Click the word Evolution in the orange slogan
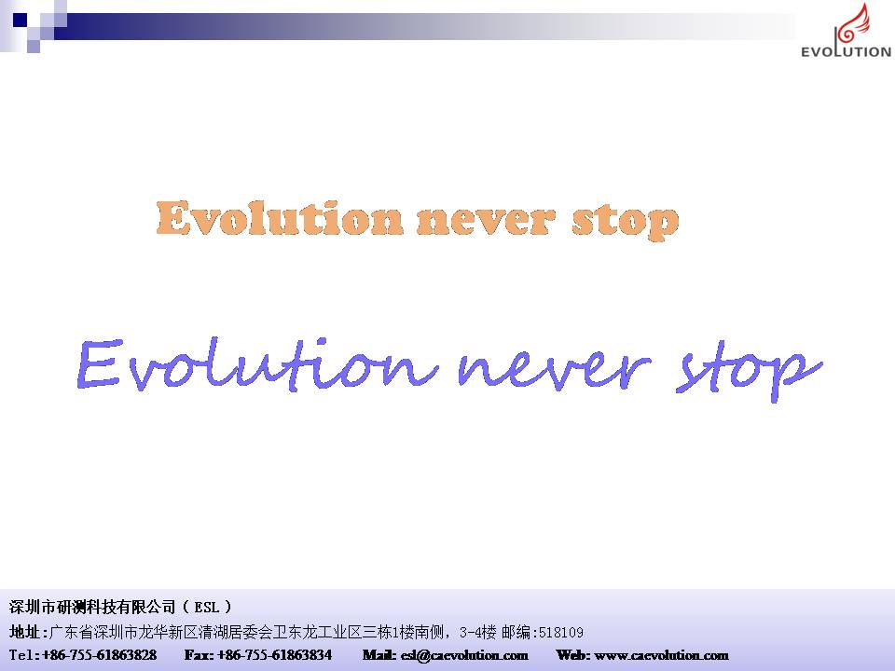[280, 218]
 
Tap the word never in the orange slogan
[485, 221]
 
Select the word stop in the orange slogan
[626, 222]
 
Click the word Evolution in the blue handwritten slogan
[257, 364]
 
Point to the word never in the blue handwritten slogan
[554, 369]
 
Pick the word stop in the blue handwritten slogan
[749, 371]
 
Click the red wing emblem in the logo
[852, 25]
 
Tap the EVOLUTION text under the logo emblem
[846, 51]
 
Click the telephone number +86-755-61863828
[100, 655]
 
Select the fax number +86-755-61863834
[274, 655]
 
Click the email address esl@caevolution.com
[464, 655]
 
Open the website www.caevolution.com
[662, 655]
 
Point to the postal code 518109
[561, 632]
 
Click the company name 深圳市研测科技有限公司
[92, 607]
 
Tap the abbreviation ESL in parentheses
[207, 607]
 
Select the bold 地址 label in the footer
[24, 632]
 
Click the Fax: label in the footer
[199, 655]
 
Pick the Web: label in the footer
[573, 655]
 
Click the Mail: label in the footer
[379, 655]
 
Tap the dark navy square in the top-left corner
[20, 20]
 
